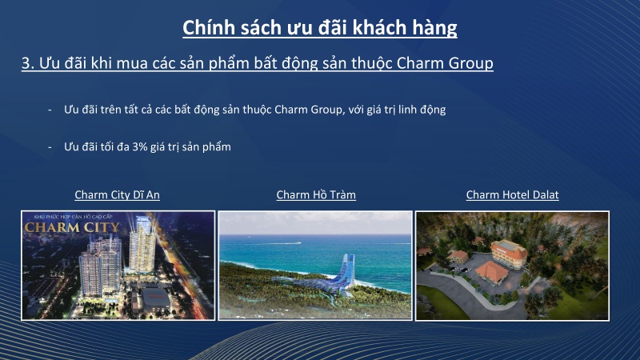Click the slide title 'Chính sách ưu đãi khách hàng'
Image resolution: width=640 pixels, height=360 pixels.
(x=320, y=28)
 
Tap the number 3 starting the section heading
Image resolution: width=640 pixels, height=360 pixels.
(x=26, y=63)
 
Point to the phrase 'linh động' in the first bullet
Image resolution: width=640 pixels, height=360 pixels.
(x=422, y=110)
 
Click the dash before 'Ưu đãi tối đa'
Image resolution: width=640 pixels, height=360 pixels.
(x=50, y=147)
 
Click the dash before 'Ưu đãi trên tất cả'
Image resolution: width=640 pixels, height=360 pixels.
(x=50, y=110)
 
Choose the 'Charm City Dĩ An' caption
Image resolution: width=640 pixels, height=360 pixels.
(x=117, y=194)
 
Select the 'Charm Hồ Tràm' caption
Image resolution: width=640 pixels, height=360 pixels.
(x=316, y=194)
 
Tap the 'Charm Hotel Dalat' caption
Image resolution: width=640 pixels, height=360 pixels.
(x=512, y=194)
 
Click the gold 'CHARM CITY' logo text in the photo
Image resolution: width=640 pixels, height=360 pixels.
(x=72, y=227)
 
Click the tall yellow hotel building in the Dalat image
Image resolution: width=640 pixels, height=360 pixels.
(x=509, y=254)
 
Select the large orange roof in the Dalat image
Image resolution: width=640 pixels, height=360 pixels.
(x=490, y=272)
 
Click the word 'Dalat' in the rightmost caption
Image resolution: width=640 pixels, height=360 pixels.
(x=543, y=194)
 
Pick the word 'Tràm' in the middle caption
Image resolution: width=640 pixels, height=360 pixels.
(x=341, y=194)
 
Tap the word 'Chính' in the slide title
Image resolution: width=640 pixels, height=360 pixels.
(x=206, y=28)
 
